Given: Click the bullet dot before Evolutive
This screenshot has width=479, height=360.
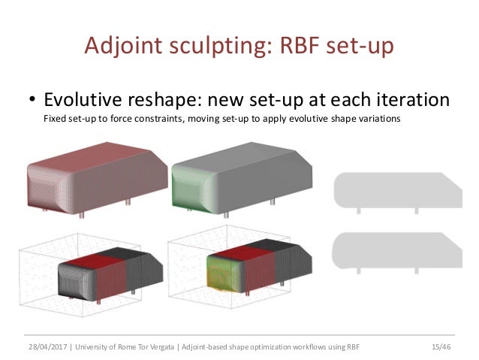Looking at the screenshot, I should [32, 101].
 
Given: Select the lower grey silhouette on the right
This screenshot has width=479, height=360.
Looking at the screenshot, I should [397, 250].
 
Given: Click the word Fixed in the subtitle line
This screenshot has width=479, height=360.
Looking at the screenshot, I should [55, 120].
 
